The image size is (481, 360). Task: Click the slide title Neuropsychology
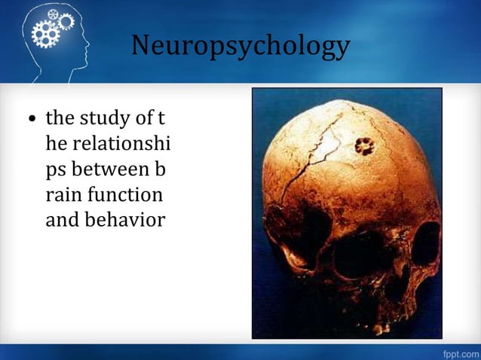click(240, 46)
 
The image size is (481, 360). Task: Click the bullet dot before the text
click(32, 120)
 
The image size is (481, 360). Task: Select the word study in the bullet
click(100, 118)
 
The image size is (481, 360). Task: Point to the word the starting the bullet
click(60, 118)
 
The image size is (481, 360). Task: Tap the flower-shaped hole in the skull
click(366, 145)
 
